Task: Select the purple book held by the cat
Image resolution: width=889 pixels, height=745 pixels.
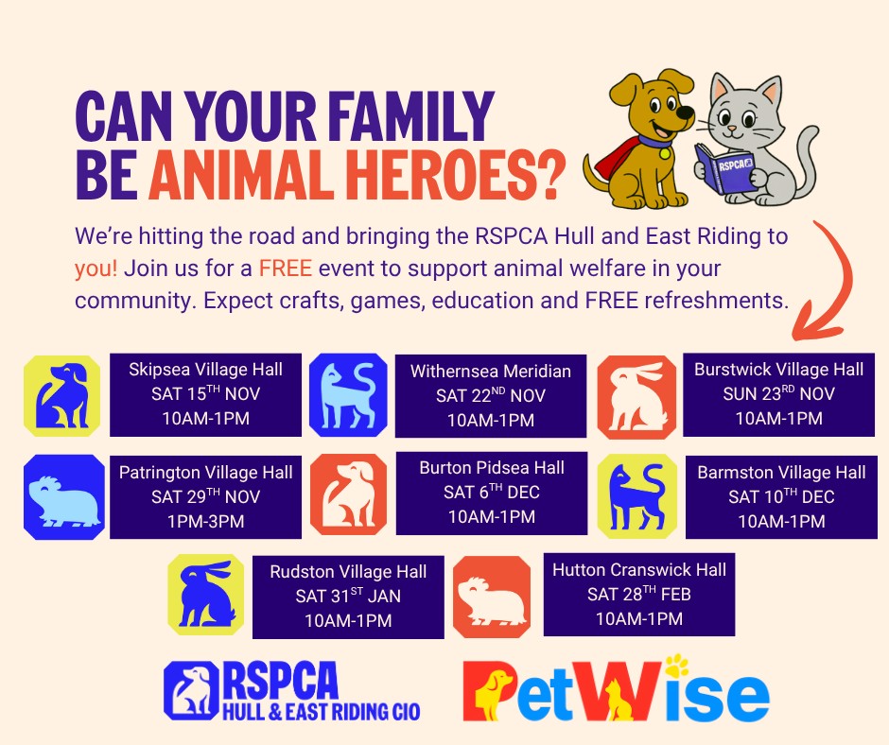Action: [724, 167]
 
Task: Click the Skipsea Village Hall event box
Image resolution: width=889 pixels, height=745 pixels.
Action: [205, 394]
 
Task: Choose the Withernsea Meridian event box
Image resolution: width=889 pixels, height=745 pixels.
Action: [491, 396]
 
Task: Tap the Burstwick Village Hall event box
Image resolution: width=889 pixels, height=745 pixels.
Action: [778, 394]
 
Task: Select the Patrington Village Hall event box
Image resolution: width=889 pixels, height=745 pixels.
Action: [205, 497]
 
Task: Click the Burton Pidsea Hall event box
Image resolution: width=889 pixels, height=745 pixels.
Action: [492, 494]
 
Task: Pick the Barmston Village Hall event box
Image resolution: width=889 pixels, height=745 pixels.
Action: [781, 497]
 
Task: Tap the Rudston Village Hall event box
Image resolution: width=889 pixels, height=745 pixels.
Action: [348, 597]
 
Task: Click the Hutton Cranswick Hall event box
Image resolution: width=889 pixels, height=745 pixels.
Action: [639, 594]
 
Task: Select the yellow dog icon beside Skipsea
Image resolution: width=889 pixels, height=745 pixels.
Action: [61, 396]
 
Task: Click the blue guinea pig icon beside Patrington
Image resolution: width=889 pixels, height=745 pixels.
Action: [64, 497]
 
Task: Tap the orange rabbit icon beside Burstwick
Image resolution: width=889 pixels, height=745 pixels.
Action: [636, 397]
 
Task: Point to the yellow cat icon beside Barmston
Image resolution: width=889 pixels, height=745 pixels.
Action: [637, 496]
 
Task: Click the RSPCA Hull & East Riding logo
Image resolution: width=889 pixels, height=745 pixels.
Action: [292, 691]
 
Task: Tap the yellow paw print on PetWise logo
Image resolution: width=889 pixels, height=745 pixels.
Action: [676, 665]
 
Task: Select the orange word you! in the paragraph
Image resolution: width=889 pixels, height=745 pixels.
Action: [96, 269]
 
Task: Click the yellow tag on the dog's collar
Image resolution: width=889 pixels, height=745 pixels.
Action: [665, 152]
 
